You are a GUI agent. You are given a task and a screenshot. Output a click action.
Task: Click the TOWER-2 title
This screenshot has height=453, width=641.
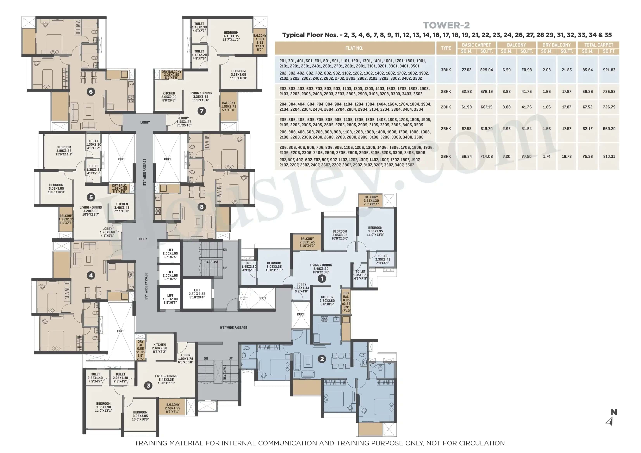(x=446, y=25)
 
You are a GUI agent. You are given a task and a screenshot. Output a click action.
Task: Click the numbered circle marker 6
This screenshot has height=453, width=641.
(x=90, y=92)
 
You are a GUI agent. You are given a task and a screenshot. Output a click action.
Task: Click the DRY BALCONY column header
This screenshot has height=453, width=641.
(x=556, y=45)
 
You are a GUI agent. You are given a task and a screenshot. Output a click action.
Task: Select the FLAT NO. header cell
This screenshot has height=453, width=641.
(x=354, y=48)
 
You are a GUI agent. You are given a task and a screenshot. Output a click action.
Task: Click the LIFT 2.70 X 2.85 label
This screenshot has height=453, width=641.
(x=197, y=294)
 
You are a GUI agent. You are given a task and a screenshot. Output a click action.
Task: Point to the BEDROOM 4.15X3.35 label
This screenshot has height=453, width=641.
(x=231, y=36)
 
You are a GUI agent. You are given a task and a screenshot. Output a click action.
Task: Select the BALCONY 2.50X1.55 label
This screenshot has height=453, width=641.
(x=173, y=408)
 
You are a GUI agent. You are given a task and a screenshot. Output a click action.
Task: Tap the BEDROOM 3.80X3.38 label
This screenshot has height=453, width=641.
(x=64, y=151)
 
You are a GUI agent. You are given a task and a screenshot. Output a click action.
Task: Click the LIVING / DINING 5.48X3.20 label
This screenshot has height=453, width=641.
(x=321, y=268)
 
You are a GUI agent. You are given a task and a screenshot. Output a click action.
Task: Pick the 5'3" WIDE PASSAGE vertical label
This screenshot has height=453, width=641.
(x=145, y=172)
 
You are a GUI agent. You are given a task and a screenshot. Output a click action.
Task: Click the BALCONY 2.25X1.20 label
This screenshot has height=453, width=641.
(x=371, y=201)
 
